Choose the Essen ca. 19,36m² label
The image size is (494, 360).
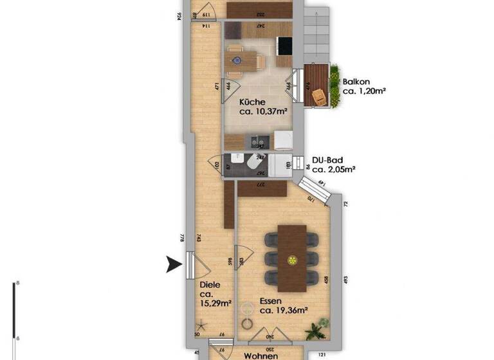[283, 305]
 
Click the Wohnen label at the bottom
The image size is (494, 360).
[261, 355]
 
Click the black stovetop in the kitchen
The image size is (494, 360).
[284, 46]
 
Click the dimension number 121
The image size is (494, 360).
[322, 354]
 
